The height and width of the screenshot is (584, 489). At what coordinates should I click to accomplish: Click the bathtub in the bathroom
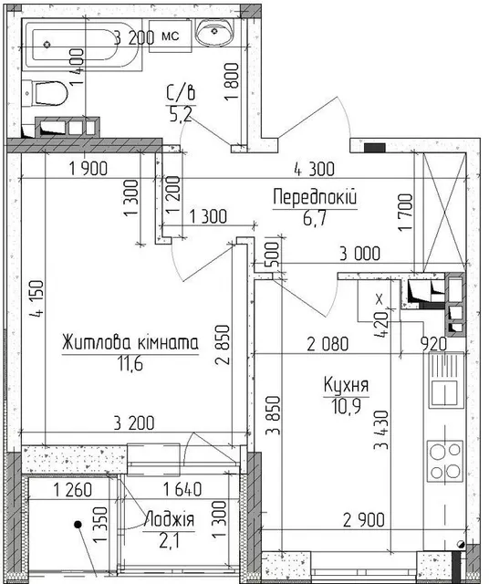click(x=82, y=45)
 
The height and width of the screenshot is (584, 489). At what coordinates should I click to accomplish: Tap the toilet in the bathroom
click(x=45, y=93)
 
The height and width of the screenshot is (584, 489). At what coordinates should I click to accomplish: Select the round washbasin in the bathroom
click(x=214, y=33)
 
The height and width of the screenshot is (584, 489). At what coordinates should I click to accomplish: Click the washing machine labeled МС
click(x=171, y=36)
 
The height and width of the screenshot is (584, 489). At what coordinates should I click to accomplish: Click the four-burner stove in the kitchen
click(x=445, y=462)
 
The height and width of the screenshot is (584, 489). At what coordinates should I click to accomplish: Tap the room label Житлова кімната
click(x=130, y=343)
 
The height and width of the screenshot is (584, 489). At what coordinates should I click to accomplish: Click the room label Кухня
click(x=346, y=385)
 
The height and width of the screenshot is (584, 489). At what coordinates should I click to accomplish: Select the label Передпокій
click(x=315, y=197)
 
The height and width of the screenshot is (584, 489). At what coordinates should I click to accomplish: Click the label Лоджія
click(x=170, y=519)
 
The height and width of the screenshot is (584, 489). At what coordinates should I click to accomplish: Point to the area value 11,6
click(x=130, y=364)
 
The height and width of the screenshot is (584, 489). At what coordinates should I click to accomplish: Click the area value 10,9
click(x=346, y=406)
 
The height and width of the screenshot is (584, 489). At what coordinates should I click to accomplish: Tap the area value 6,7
click(x=315, y=218)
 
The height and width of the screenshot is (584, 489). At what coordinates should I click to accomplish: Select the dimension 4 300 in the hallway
click(x=314, y=170)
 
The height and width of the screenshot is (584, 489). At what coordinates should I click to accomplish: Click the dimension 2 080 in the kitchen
click(x=328, y=344)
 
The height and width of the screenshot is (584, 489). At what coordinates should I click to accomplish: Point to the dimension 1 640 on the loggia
click(x=182, y=489)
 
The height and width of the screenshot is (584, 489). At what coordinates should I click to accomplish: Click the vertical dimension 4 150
click(x=37, y=299)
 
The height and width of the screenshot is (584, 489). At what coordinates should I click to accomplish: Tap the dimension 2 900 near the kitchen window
click(x=363, y=520)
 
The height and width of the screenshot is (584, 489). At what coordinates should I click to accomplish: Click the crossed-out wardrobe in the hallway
click(x=444, y=212)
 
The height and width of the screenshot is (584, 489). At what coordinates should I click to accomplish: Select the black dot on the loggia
click(x=78, y=525)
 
